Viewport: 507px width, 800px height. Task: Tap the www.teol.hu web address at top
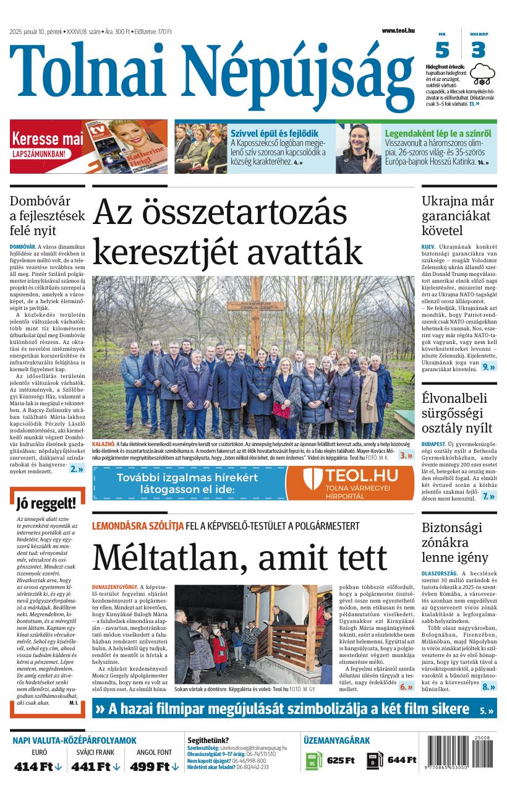tap(398, 30)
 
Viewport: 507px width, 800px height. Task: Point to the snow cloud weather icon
tap(482, 75)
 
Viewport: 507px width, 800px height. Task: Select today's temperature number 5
tap(442, 49)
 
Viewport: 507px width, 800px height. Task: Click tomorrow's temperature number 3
tap(478, 49)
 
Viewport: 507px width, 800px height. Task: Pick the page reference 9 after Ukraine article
tap(488, 367)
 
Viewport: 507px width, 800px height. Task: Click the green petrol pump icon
tap(313, 760)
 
